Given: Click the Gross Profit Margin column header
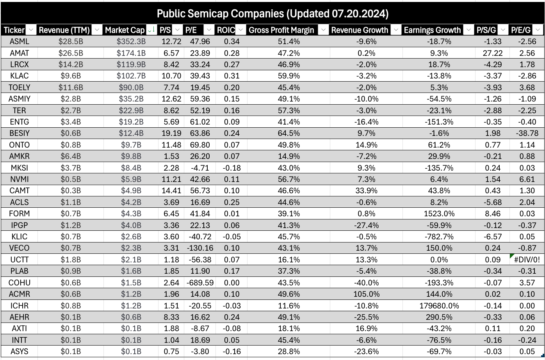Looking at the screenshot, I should point(281,30).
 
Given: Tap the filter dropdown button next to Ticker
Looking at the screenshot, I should point(32,30).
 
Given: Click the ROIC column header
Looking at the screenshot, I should point(226,30).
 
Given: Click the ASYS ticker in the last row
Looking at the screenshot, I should point(19,351).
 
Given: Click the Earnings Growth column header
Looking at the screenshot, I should point(432,30).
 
